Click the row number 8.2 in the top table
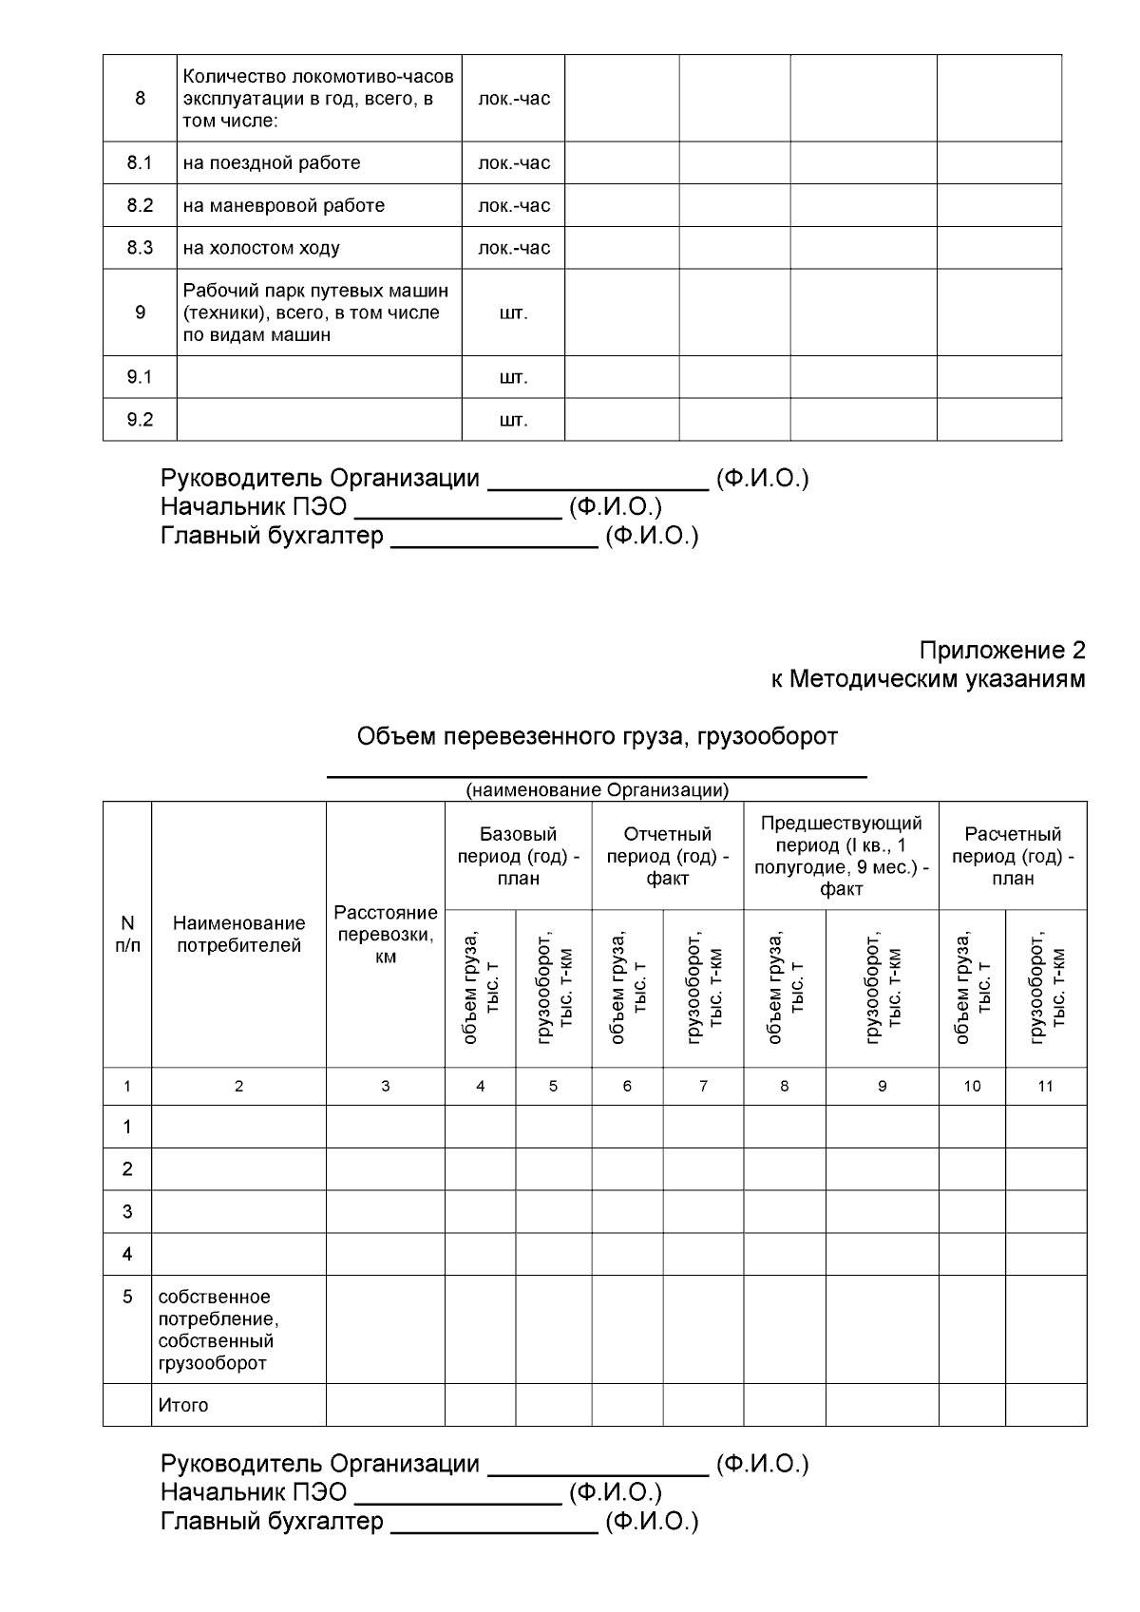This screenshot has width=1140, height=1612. [x=140, y=205]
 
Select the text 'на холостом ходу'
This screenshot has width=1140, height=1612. [x=261, y=248]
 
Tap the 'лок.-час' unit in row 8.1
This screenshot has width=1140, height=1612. [x=513, y=162]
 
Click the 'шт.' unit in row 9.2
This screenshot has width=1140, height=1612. [x=513, y=420]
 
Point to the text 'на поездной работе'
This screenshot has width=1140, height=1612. [x=272, y=162]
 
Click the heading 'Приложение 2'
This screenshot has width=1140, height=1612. [x=1001, y=651]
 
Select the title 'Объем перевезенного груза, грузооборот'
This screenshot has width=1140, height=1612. [x=597, y=736]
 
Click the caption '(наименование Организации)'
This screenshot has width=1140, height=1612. [x=597, y=790]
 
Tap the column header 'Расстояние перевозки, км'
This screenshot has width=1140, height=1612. [x=386, y=935]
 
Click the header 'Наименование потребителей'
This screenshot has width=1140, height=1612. [x=238, y=935]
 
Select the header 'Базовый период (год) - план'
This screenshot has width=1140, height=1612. [x=518, y=856]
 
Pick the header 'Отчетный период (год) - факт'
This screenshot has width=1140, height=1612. [x=667, y=856]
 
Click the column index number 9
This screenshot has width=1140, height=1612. [x=882, y=1086]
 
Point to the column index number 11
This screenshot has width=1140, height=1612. [x=1045, y=1086]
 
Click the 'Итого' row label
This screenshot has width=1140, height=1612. [x=183, y=1405]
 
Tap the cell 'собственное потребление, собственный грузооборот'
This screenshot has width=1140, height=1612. [x=217, y=1330]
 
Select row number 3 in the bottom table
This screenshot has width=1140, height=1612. [x=127, y=1211]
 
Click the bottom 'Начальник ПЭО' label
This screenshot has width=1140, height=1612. [x=254, y=1492]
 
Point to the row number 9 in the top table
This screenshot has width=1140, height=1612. [x=140, y=313]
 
